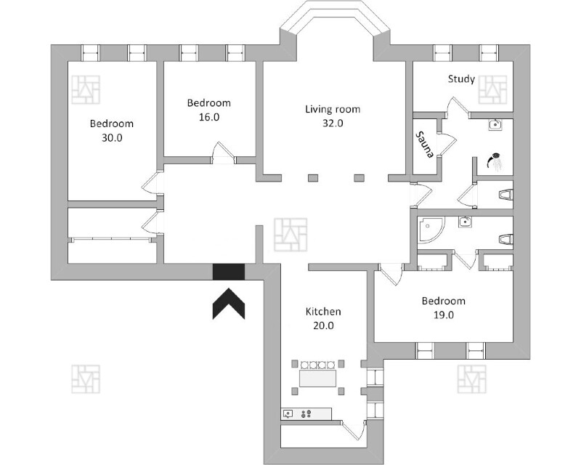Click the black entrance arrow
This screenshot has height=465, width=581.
pyautogui.click(x=228, y=303)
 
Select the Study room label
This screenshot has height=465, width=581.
pyautogui.click(x=461, y=79)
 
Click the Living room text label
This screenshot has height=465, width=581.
pyautogui.click(x=332, y=110)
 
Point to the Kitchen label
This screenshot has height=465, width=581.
pyautogui.click(x=323, y=312)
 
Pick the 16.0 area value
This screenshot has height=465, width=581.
pyautogui.click(x=208, y=116)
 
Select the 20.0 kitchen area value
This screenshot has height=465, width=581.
pyautogui.click(x=323, y=325)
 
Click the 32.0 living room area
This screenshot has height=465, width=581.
pyautogui.click(x=332, y=124)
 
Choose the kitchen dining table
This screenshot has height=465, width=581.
pyautogui.click(x=319, y=379)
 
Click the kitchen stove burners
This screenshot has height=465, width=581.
pyautogui.click(x=306, y=413)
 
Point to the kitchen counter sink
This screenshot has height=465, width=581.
pyautogui.click(x=288, y=413)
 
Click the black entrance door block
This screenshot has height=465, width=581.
pyautogui.click(x=229, y=271)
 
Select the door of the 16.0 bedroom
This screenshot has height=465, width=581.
pyautogui.click(x=222, y=154)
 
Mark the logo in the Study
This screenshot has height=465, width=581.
pyautogui.click(x=496, y=88)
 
